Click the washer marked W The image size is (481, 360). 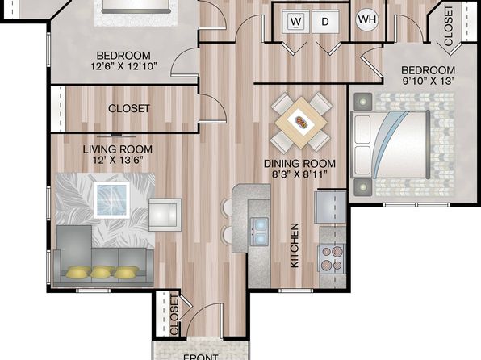click(295, 21)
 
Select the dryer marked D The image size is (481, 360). click(326, 21)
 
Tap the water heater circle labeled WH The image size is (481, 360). click(367, 19)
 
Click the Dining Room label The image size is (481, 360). click(299, 163)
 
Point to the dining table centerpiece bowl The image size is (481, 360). click(301, 123)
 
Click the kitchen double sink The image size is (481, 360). click(259, 232)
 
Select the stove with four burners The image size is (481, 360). click(333, 258)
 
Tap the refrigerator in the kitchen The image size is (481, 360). click(330, 207)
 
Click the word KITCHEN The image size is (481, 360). click(295, 245)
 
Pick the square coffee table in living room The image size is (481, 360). click(111, 200)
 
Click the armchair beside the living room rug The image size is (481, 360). click(165, 215)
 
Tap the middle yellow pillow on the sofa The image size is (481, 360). click(102, 272)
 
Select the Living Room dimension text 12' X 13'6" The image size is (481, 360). click(118, 160)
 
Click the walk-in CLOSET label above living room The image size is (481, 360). click(129, 108)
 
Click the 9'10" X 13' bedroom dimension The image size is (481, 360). click(429, 81)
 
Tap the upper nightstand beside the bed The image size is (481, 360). click(363, 102)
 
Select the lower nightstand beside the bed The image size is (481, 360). click(363, 187)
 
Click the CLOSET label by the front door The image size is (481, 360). click(174, 315)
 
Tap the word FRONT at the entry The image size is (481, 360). click(201, 357)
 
